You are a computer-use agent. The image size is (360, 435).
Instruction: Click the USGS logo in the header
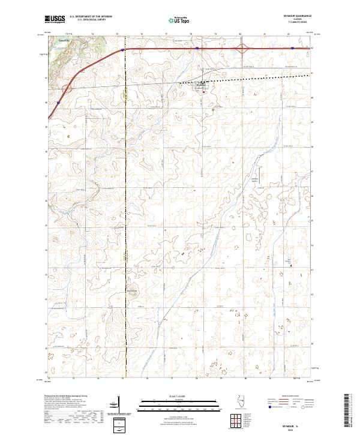coord(55,19)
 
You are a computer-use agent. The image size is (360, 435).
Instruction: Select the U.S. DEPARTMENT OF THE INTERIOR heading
coord(91,17)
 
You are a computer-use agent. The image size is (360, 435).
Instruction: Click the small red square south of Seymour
coord(203,92)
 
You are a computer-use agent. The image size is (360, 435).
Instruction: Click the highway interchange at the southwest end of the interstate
coord(66,88)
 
